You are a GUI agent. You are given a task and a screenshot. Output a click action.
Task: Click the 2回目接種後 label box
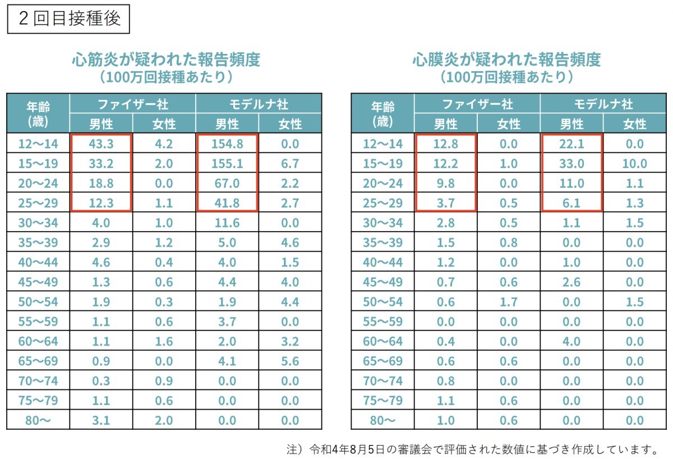[70, 19]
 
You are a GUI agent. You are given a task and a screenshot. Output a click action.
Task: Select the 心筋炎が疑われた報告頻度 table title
[166, 59]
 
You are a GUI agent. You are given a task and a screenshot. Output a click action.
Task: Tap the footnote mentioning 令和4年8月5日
[472, 449]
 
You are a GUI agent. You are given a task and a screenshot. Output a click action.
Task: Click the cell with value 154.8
[227, 144]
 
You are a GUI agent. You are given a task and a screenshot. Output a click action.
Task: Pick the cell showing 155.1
[227, 163]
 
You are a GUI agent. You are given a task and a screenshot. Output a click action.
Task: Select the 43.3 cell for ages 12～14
[101, 144]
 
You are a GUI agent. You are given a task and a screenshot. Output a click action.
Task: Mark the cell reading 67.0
[227, 183]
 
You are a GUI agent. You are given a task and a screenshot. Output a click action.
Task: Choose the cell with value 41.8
[227, 203]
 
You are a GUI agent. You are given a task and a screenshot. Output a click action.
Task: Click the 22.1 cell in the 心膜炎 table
[572, 144]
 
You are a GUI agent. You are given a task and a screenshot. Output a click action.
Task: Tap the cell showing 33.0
[572, 163]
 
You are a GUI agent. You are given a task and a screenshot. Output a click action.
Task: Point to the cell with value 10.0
[635, 163]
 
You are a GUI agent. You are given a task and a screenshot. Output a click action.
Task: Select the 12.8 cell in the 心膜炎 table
[446, 144]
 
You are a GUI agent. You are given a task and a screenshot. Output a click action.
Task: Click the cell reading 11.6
[227, 223]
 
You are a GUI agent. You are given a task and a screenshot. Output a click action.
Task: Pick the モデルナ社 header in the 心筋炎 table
[259, 104]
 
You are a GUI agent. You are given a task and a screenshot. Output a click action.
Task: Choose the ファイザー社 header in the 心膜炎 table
[477, 104]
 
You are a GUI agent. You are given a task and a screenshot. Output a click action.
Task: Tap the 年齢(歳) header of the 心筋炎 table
[38, 113]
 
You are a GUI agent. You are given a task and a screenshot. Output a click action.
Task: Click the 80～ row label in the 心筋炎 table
[38, 420]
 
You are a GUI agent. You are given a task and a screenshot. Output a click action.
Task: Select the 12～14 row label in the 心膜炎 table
[383, 144]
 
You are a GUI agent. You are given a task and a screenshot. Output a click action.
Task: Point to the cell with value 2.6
[572, 282]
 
